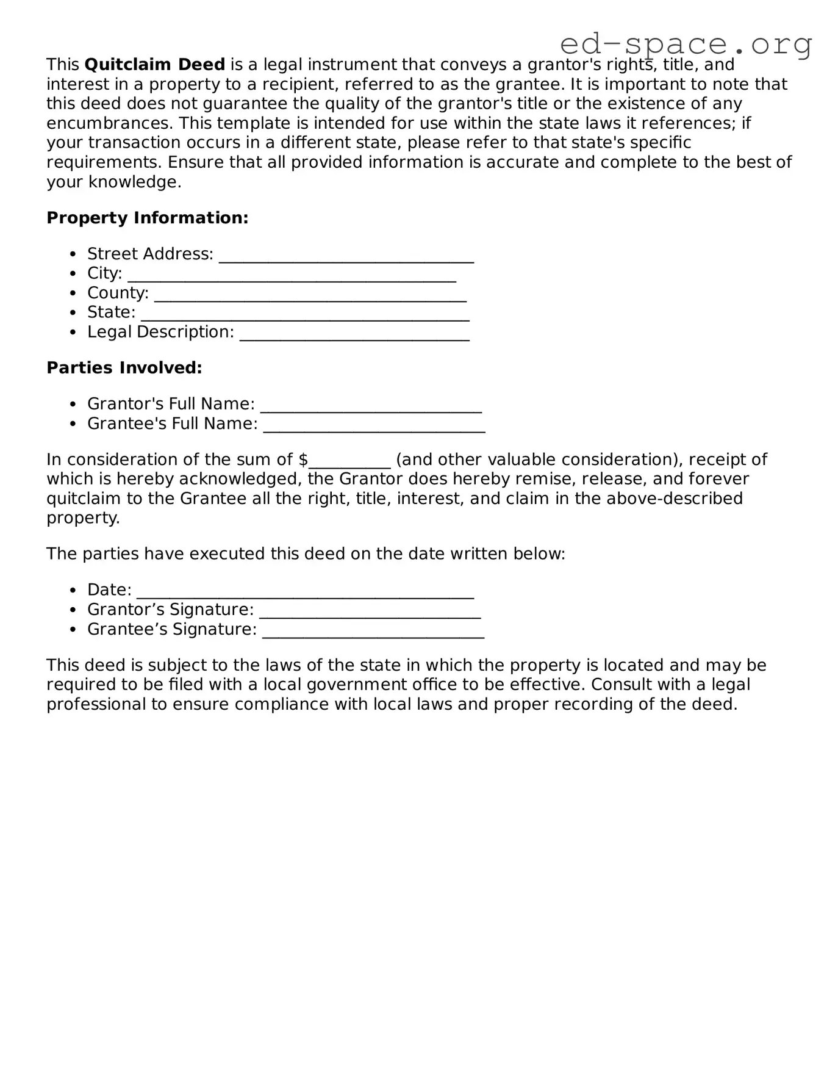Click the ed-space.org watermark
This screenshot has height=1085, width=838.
pos(686,44)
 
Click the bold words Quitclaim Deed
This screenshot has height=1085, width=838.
pos(155,64)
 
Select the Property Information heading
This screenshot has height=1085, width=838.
pos(148,218)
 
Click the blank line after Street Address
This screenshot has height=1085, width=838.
pos(346,256)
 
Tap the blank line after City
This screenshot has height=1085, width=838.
pos(292,276)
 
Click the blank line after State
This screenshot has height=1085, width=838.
pos(305,315)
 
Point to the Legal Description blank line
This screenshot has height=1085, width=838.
pos(354,334)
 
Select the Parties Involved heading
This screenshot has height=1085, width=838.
pos(124,367)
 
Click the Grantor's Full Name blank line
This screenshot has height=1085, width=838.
pos(371,406)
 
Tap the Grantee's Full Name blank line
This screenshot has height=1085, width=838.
pos(374,426)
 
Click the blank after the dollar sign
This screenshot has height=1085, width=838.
pos(349,462)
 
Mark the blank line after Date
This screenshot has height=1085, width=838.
pos(305,593)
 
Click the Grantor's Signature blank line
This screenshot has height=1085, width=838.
pos(370,612)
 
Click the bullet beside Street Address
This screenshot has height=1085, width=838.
pos(73,254)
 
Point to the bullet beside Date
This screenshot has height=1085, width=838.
pos(73,590)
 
